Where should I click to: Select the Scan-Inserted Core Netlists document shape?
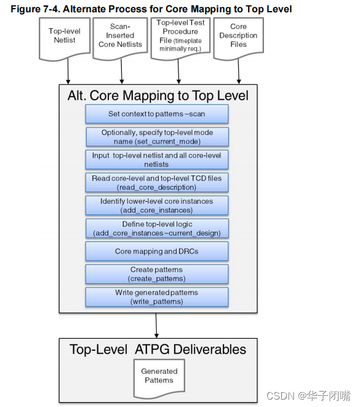tap(121, 36)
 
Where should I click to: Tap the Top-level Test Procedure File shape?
tap(180, 36)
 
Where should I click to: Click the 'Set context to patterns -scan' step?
tap(157, 114)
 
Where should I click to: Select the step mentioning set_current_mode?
tap(157, 137)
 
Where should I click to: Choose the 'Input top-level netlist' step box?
tap(157, 159)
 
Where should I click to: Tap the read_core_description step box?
tap(157, 182)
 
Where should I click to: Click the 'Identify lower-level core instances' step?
tap(157, 206)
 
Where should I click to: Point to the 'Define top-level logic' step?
tap(157, 228)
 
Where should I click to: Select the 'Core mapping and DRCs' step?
tap(157, 251)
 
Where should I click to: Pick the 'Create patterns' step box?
tap(157, 274)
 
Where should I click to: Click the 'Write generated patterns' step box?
tap(157, 297)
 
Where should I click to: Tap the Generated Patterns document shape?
tap(159, 376)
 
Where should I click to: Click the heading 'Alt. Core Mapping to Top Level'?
tap(158, 95)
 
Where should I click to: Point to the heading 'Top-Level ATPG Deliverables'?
tap(158, 349)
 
